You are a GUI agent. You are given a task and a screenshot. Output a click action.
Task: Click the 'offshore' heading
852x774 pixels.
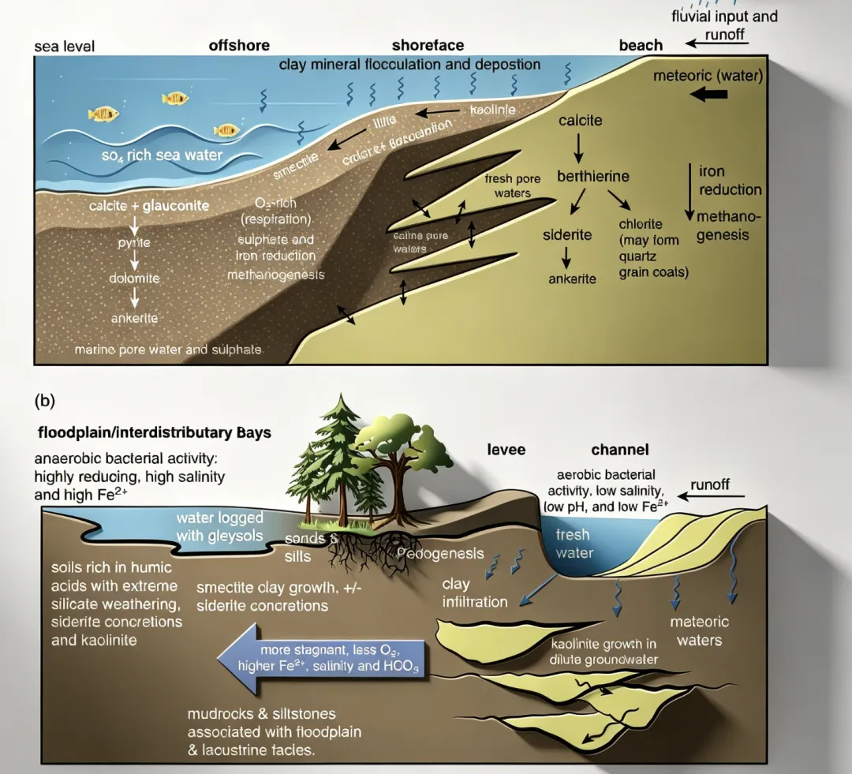pos(239,46)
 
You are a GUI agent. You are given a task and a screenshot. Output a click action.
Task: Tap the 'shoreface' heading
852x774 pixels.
pos(428,46)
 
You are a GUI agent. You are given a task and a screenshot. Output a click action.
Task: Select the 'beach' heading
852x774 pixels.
pos(641,45)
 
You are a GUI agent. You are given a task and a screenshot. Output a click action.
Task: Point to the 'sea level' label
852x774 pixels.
pos(65,47)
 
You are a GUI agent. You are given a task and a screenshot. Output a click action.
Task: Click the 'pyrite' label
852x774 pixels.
pos(134,245)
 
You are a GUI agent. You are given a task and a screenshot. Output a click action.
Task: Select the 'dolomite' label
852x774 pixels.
pos(134,279)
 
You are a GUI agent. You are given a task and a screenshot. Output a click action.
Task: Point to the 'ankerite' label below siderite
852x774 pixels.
pos(573,279)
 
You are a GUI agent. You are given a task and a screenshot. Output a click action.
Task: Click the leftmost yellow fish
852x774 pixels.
pos(103,114)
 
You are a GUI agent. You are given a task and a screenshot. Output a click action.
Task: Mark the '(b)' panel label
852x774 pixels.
pos(46,399)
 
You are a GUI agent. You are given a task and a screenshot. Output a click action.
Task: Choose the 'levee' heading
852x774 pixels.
pos(505,450)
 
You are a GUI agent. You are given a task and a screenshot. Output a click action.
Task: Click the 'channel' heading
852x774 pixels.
pos(620,450)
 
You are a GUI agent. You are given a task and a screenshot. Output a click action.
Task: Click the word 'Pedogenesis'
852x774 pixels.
pos(441,553)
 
